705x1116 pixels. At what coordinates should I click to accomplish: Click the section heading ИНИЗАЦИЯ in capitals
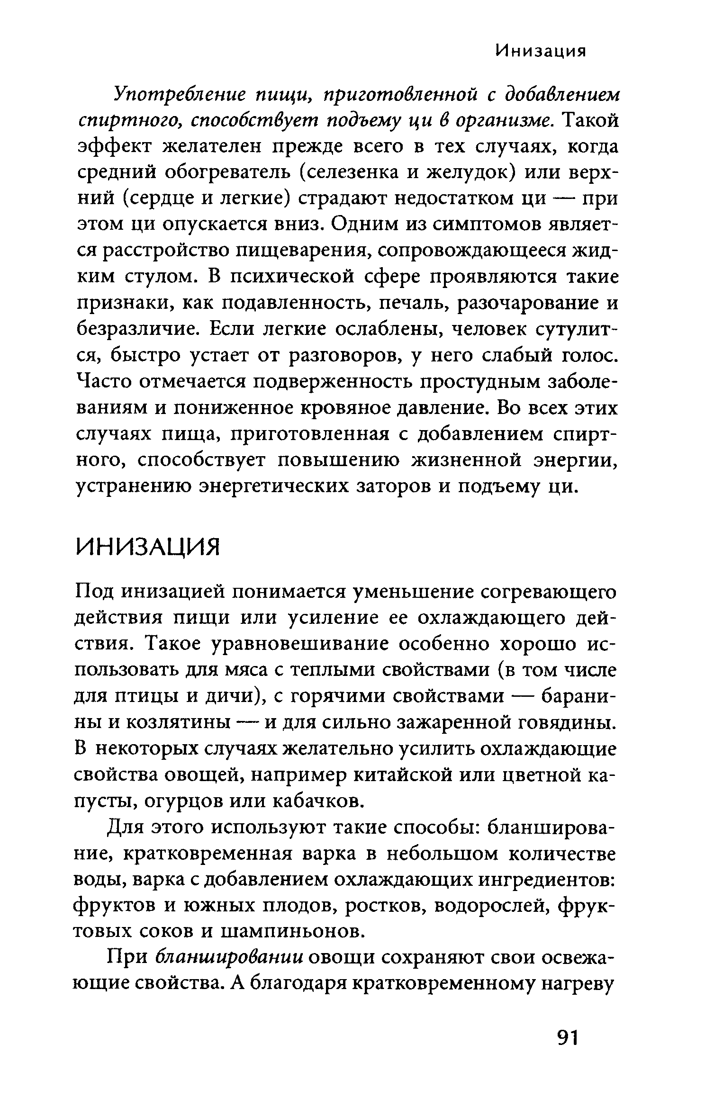[x=148, y=548]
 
